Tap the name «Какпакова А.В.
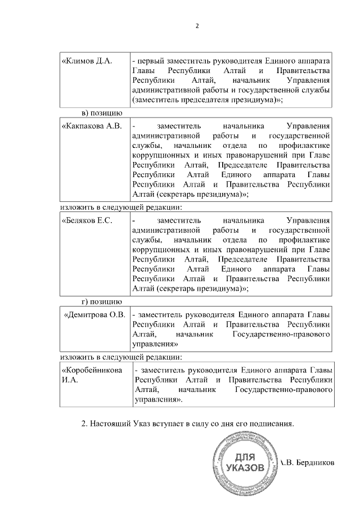(92, 125)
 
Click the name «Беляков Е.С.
(87, 220)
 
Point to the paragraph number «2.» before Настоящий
(85, 423)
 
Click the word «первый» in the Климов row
(150, 60)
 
